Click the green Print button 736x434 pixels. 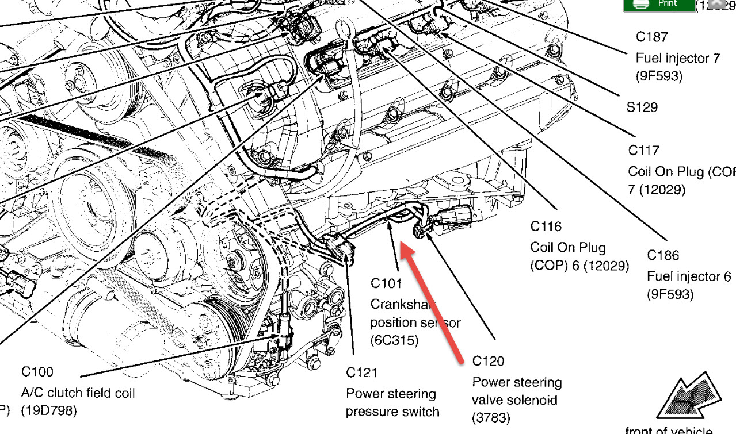point(659,5)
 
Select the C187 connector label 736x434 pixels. point(652,37)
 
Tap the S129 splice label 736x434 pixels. point(642,107)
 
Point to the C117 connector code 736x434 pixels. point(643,151)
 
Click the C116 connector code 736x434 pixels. point(546,226)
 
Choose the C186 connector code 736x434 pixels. point(663,255)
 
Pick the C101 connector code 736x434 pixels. point(386,283)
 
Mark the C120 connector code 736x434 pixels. point(488,361)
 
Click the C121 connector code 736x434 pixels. point(362,373)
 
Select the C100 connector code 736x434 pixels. point(37,372)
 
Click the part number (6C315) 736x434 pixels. point(394,340)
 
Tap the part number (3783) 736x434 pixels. point(491,418)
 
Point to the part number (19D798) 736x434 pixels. point(49,411)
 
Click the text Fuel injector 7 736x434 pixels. point(678,58)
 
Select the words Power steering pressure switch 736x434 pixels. point(392,402)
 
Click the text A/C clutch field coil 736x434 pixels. point(78,393)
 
